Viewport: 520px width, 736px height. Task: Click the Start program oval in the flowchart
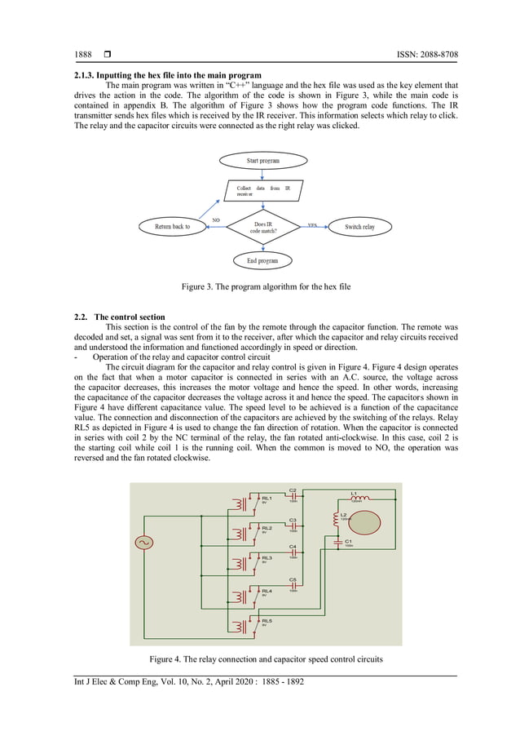(262, 161)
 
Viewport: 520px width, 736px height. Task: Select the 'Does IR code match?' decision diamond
(262, 226)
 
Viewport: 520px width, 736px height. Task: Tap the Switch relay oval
(359, 227)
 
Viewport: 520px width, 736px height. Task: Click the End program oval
(262, 261)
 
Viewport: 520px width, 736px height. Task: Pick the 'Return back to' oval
(171, 226)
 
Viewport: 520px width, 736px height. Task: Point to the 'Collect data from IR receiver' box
(262, 192)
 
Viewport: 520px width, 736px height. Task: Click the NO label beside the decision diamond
(216, 219)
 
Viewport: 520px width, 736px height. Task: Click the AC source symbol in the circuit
(143, 542)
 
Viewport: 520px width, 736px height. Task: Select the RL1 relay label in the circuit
(267, 498)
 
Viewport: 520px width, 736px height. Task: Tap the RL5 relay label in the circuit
(267, 621)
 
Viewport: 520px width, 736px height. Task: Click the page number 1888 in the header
(83, 55)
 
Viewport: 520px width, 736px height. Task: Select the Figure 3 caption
(265, 286)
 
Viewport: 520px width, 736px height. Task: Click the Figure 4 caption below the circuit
(266, 658)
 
